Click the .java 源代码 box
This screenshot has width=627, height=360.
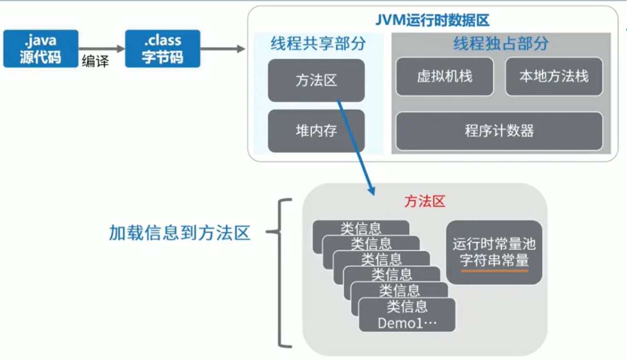click(41, 49)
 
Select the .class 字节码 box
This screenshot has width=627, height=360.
click(162, 49)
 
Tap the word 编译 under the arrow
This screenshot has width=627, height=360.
click(95, 61)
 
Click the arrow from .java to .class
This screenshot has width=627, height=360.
click(102, 49)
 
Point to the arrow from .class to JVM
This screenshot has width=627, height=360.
click(223, 49)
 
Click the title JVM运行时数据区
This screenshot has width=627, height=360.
click(432, 21)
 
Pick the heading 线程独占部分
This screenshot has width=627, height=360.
click(500, 44)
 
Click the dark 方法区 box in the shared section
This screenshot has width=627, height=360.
click(316, 81)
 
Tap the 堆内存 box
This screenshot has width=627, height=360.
click(316, 131)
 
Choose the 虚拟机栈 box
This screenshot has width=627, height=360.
click(444, 76)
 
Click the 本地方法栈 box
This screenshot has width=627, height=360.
click(554, 76)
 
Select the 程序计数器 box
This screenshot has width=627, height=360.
click(499, 131)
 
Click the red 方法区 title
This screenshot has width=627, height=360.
click(425, 202)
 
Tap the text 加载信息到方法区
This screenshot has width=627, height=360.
click(179, 233)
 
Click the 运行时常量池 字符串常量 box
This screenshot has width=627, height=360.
click(494, 252)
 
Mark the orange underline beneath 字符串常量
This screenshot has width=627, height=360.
click(494, 270)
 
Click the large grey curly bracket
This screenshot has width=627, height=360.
click(281, 273)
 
